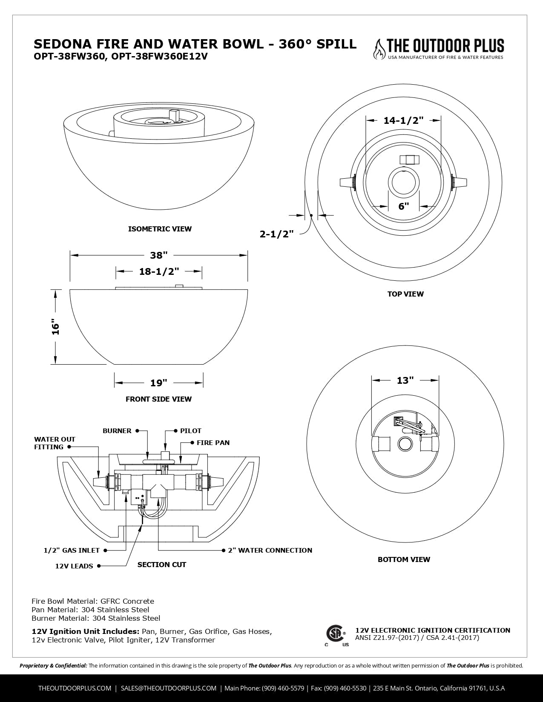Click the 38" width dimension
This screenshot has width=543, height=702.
pos(158,255)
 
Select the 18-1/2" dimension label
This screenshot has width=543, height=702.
pos(159,271)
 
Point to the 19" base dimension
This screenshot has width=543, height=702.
pos(158,383)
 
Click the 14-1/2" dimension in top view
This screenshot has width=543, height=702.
pos(403,120)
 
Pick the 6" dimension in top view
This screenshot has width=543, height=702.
pos(403,206)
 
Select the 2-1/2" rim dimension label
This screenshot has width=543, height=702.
pos(277,234)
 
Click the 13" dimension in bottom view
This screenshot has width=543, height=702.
pos(405,380)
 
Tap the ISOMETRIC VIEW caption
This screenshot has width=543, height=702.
pos(160,229)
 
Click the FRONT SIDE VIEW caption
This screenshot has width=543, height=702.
pos(158,399)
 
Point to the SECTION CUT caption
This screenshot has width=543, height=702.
pos(161,565)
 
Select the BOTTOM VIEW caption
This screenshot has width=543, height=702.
pos(404,559)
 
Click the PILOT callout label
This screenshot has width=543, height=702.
pos(190,431)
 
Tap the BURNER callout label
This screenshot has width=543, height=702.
pos(117,431)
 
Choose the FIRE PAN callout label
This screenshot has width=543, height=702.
pos(213,443)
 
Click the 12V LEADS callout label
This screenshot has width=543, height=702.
pos(74,566)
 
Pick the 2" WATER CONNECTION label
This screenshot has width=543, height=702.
pos(270,551)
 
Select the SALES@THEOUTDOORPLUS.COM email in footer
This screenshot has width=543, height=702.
pos(168,688)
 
